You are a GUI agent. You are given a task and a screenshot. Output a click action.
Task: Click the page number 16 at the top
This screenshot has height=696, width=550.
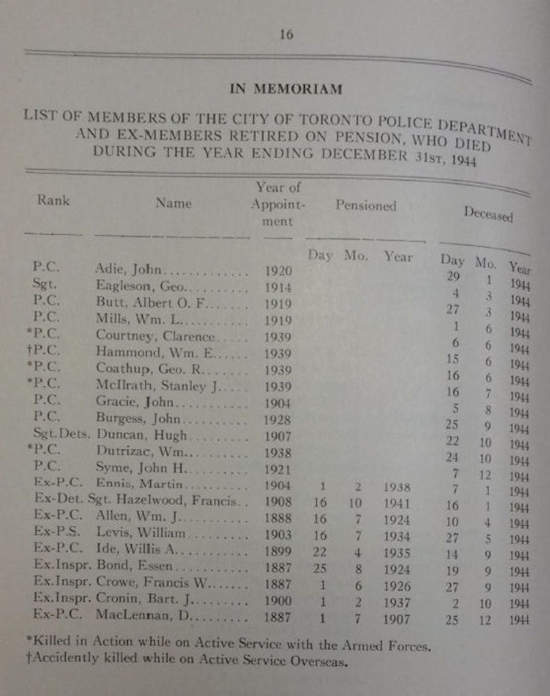coord(285,34)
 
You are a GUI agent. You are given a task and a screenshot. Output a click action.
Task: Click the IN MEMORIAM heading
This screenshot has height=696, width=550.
coord(285,89)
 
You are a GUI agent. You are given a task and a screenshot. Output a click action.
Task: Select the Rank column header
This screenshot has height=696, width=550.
coord(53,200)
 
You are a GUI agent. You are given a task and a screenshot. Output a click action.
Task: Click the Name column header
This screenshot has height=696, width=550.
coord(173,203)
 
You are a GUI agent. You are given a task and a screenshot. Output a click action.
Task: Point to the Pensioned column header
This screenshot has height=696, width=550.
coord(366,206)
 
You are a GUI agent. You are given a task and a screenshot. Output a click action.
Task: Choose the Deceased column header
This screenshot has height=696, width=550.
coord(487,214)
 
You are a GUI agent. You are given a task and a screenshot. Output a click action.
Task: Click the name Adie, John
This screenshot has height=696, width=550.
coord(128,269)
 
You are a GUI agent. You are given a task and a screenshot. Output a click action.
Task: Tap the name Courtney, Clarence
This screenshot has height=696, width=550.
coord(152,335)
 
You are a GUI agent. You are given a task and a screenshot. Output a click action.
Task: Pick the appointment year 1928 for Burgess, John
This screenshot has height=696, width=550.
coord(279,419)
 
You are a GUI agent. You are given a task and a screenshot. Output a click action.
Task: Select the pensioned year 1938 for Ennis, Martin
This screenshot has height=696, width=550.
coord(397,487)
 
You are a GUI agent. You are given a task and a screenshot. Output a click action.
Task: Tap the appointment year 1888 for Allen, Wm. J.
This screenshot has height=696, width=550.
coord(280,520)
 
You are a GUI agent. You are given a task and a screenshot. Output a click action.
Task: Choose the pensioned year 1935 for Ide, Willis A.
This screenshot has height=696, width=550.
coord(397,552)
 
